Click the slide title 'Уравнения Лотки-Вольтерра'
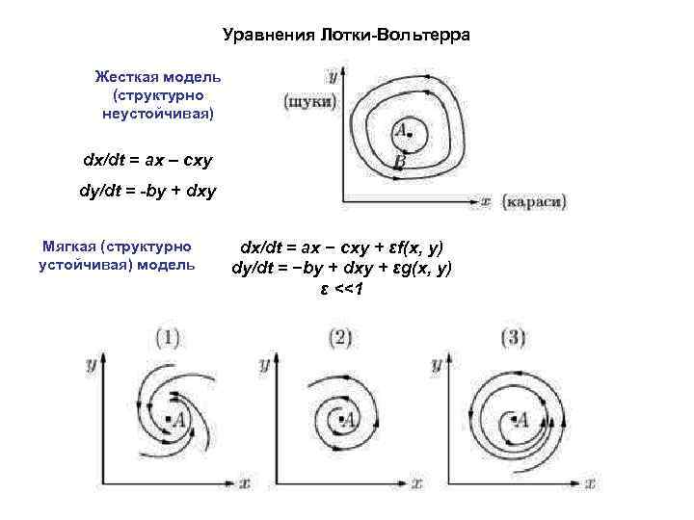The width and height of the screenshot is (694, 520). pyautogui.click(x=346, y=36)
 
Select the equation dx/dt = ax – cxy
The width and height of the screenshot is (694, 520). pyautogui.click(x=148, y=157)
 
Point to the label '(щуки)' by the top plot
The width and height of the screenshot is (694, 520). pyautogui.click(x=310, y=100)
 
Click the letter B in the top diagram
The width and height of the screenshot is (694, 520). pyautogui.click(x=399, y=164)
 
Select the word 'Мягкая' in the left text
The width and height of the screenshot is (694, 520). pyautogui.click(x=68, y=246)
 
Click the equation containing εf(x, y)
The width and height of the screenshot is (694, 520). pyautogui.click(x=342, y=248)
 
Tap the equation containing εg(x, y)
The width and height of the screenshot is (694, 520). pyautogui.click(x=342, y=269)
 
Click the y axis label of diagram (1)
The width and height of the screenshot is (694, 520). pyautogui.click(x=90, y=366)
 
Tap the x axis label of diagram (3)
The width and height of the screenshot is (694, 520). pyautogui.click(x=589, y=481)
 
